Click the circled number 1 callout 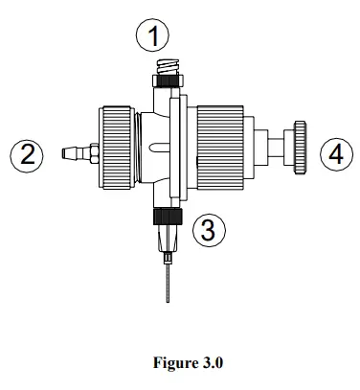point(152,38)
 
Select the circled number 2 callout point(27,153)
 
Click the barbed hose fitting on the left point(70,151)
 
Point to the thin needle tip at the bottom point(168,284)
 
